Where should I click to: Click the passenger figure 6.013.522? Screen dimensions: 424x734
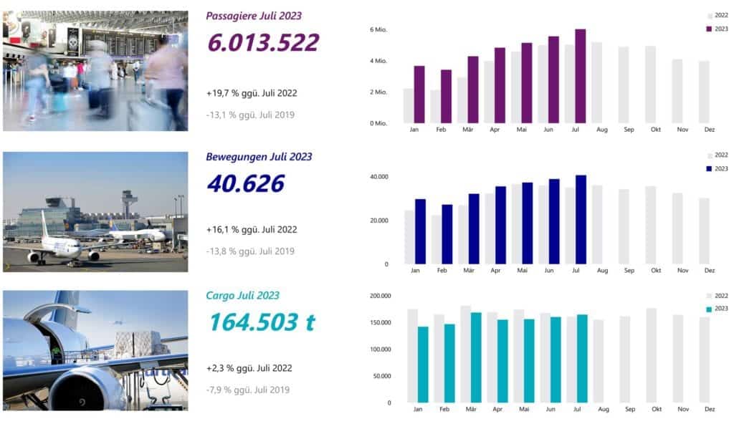click(262, 42)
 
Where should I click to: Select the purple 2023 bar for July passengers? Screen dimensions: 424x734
click(580, 76)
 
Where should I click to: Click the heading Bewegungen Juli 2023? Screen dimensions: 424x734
click(259, 156)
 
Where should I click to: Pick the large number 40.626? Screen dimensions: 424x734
click(245, 183)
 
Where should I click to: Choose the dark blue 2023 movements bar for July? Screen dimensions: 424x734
click(581, 219)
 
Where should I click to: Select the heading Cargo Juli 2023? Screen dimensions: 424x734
click(242, 295)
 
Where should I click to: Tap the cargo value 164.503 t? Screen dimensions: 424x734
click(262, 322)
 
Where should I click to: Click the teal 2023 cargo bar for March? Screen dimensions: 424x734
click(476, 357)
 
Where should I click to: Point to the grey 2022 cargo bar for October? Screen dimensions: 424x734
click(650, 355)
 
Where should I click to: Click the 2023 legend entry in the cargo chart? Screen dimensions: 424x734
click(718, 309)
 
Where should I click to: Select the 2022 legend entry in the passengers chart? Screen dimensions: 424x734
click(718, 15)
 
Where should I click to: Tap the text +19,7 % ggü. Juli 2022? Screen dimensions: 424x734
click(251, 92)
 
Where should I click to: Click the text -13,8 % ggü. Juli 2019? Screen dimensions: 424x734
click(250, 251)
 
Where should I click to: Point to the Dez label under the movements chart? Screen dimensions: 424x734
click(709, 271)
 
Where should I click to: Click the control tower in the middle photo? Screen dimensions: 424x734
click(128, 200)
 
